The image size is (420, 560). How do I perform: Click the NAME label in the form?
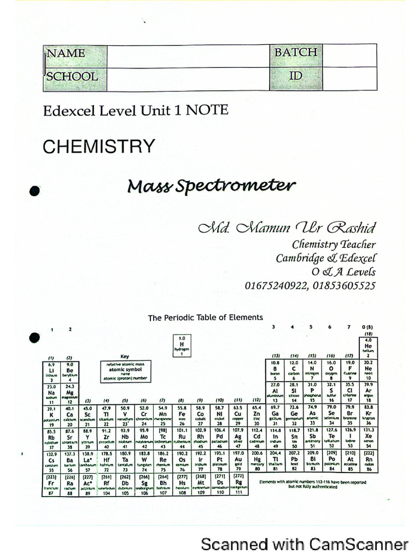pos(66,54)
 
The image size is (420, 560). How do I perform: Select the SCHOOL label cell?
pos(72,77)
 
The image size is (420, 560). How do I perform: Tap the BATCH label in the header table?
pos(295,52)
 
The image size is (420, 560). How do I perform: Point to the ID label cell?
pos(295,76)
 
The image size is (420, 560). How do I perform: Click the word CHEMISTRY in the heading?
pos(99,147)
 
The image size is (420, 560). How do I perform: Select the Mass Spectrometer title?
pos(211,186)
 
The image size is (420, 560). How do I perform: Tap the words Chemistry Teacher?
pos(334,244)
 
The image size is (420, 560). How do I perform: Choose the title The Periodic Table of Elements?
pos(206,317)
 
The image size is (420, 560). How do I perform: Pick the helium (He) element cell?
pos(368,347)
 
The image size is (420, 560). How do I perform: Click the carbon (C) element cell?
pos(294,370)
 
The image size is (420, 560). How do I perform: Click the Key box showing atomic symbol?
pos(125,370)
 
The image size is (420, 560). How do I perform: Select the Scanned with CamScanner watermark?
pos(305,544)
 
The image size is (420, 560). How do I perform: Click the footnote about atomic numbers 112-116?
pos(313,485)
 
